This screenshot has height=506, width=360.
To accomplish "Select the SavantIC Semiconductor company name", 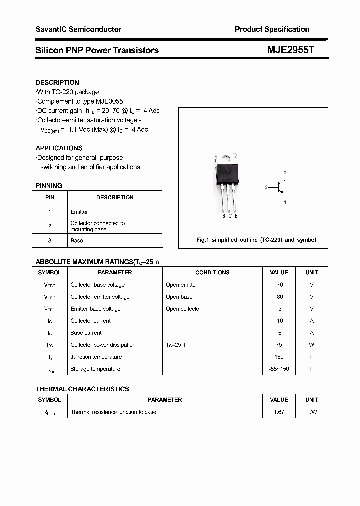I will [78, 29].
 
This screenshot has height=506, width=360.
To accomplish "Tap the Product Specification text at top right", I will [272, 29].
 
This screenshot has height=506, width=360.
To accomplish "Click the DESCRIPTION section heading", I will [57, 82].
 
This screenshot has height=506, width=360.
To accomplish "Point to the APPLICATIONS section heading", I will [59, 148].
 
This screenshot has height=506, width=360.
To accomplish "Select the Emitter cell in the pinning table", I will [79, 212].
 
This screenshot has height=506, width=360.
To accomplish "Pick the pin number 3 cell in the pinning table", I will [50, 240].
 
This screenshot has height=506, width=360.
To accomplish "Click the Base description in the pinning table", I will [77, 240].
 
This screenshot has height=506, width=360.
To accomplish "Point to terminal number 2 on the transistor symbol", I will [285, 173].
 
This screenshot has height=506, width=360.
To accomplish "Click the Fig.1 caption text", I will [256, 240].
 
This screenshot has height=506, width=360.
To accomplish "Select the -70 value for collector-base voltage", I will [279, 285].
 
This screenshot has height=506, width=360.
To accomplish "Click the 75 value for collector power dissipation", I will [279, 345].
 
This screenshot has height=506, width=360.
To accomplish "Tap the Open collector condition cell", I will [184, 309].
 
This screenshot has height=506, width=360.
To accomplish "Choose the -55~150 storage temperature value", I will [279, 369].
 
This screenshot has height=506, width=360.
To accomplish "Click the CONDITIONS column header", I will [212, 272].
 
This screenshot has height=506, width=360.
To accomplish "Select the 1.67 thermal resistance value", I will [279, 412].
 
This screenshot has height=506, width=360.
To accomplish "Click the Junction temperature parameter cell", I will [96, 357].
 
